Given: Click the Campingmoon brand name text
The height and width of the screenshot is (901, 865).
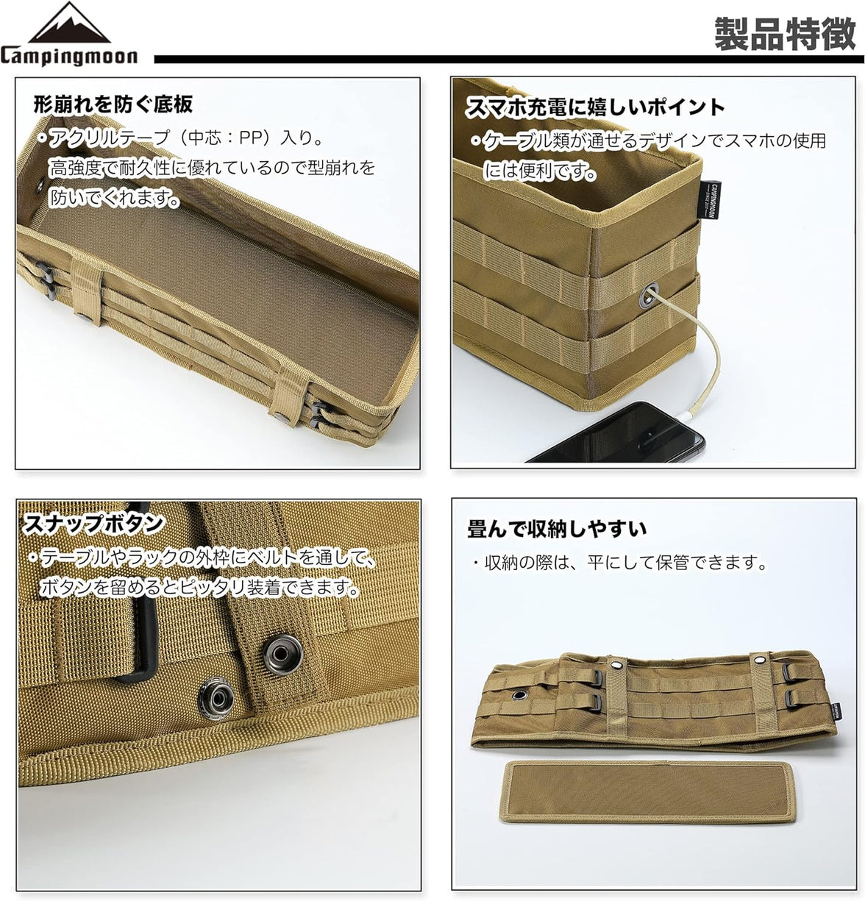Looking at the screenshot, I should [x=69, y=57].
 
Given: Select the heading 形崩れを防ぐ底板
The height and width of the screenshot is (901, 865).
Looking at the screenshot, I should [x=113, y=104].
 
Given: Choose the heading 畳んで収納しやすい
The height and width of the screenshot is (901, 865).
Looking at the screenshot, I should [x=557, y=529].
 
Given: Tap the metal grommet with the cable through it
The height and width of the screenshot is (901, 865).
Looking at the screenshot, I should [x=649, y=296].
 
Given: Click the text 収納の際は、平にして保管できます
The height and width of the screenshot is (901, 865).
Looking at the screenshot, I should [x=624, y=564].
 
